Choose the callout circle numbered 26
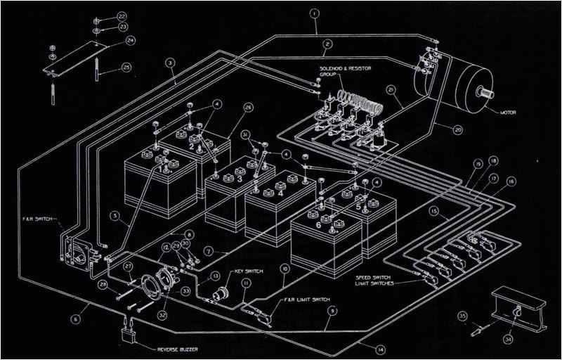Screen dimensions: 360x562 pyautogui.click(x=248, y=107)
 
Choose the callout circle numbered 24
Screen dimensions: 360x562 pyautogui.click(x=130, y=41)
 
